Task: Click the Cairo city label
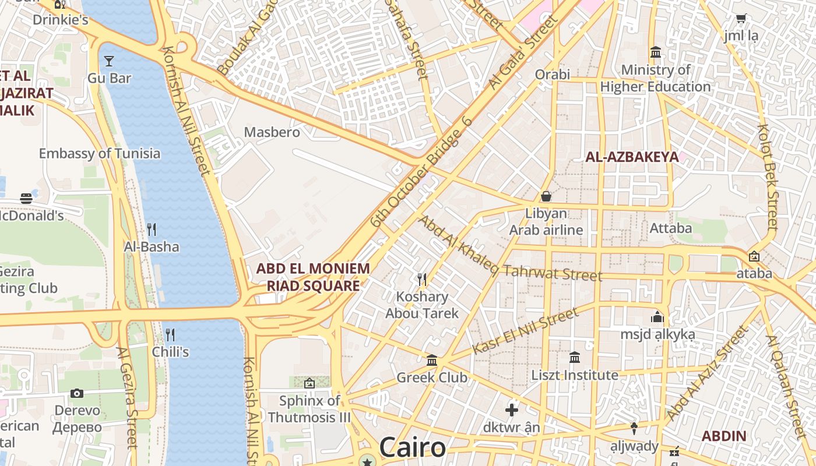(x=413, y=447)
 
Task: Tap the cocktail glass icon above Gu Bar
(x=108, y=61)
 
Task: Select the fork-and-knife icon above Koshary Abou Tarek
(x=422, y=280)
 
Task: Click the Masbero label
(x=272, y=132)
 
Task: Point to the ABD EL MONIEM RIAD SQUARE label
(x=313, y=277)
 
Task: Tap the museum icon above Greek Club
(x=432, y=361)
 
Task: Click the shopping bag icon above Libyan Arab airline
(x=546, y=196)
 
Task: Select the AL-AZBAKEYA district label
(x=632, y=157)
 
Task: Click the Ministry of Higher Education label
(x=655, y=79)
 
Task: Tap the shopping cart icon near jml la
(x=741, y=19)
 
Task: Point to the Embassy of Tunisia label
(x=99, y=154)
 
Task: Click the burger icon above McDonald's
(x=26, y=198)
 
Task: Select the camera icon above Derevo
(x=77, y=394)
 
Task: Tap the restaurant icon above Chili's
(x=170, y=334)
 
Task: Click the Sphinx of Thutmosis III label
(x=309, y=409)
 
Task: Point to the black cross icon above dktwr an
(x=511, y=410)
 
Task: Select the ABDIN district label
(x=723, y=436)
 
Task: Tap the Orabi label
(x=552, y=75)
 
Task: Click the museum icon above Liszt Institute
(x=575, y=357)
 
